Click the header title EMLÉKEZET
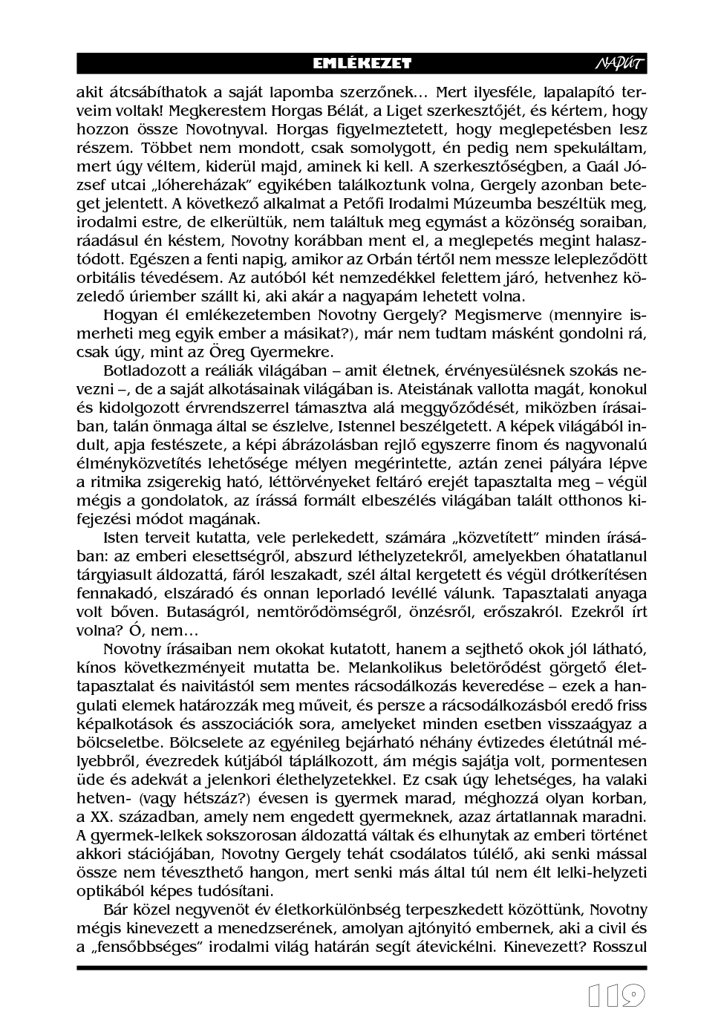[x=362, y=64]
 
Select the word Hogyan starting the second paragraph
[x=128, y=315]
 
